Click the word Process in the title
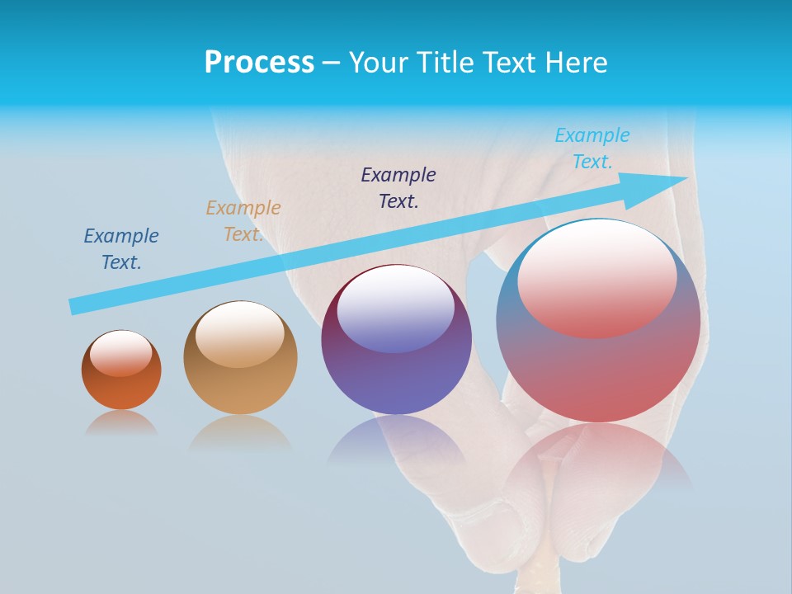pos(259,63)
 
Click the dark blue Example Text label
pos(121,249)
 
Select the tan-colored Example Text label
pos(243,221)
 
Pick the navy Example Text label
pos(398,188)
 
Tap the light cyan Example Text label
pos(592,148)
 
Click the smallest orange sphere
pos(121,388)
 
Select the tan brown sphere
pos(240,388)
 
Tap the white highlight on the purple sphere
pos(396,307)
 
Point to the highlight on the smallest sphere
pos(121,353)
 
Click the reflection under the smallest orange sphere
pos(121,422)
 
